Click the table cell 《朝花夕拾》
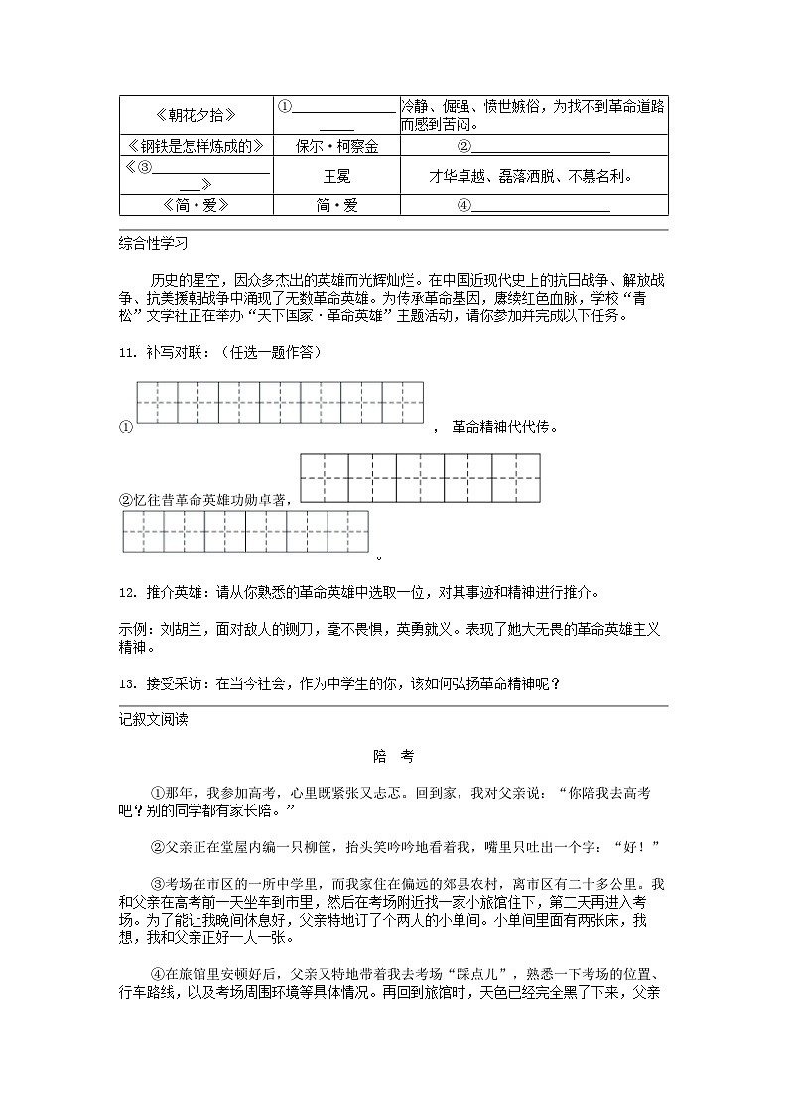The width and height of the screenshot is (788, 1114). point(196,115)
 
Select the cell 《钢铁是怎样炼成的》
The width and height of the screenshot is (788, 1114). point(196,146)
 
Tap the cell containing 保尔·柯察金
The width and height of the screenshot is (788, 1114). point(336,146)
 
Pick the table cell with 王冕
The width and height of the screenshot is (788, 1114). point(336,176)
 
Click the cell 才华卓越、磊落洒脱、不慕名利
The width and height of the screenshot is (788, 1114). point(533,176)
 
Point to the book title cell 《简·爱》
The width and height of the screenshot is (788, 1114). point(196,205)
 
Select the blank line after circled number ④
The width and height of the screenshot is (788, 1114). point(540,206)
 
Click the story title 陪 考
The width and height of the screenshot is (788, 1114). point(393,756)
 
